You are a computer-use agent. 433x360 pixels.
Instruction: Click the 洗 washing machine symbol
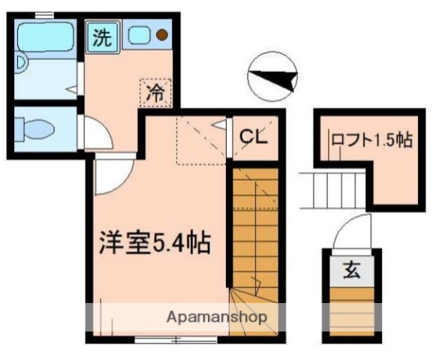(x=102, y=37)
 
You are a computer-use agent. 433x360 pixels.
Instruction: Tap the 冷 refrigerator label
(x=155, y=93)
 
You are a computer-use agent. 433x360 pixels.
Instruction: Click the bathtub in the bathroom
(x=45, y=36)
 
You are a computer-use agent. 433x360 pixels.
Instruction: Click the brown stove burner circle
(x=161, y=34)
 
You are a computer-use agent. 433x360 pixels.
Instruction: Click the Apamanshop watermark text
(x=216, y=316)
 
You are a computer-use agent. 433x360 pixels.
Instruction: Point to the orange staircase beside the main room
(x=254, y=225)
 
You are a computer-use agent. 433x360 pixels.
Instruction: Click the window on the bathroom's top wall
(x=44, y=14)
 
